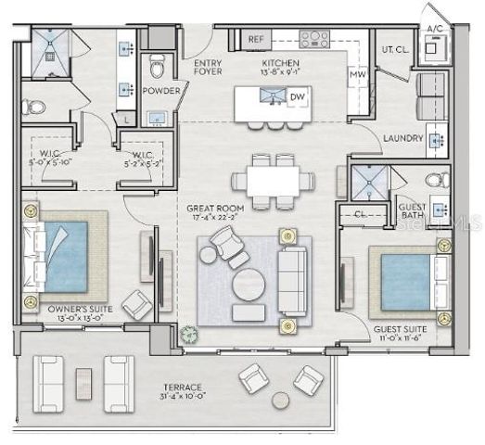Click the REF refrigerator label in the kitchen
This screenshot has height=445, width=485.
(x=257, y=40)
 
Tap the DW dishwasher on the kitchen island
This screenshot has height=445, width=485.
(x=297, y=97)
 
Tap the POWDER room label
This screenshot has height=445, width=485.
(x=160, y=91)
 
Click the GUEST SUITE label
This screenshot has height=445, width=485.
(x=401, y=329)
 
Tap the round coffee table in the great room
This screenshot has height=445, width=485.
(x=249, y=285)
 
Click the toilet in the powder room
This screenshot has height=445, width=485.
(x=157, y=67)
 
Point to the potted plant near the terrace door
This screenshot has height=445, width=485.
(x=190, y=334)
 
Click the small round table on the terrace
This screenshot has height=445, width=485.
(x=281, y=399)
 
